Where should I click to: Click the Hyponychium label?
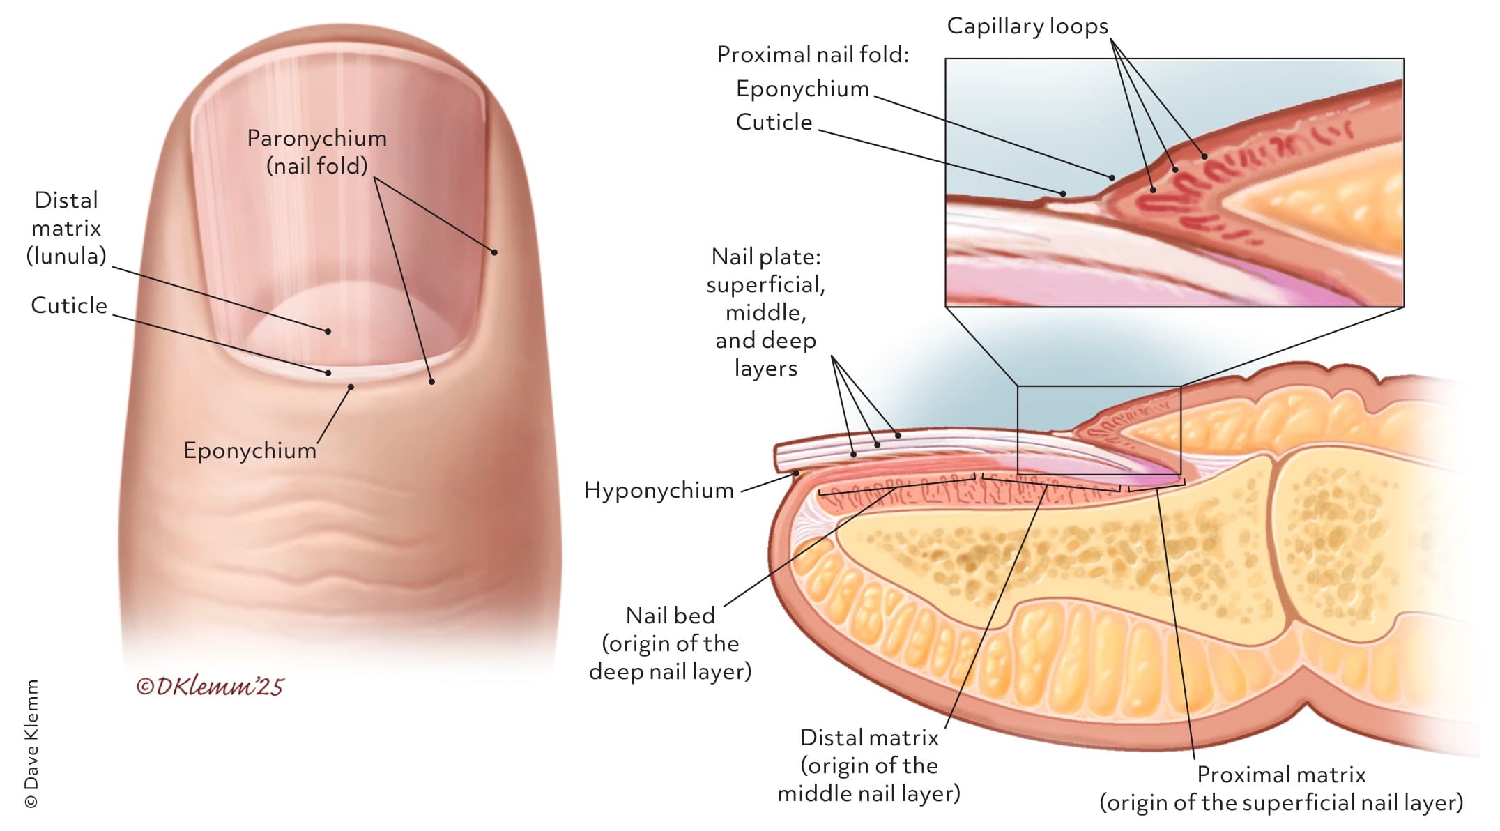[x=659, y=490]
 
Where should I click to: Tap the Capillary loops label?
[x=1027, y=26]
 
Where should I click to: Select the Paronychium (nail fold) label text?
[x=317, y=151]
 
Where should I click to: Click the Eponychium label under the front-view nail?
[x=250, y=450]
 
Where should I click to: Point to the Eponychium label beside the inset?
[x=802, y=89]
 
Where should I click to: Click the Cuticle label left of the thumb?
[x=69, y=305]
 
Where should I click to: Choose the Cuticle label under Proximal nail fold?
[x=774, y=122]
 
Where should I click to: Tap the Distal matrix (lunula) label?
[x=66, y=228]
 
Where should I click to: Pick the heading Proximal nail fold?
[x=813, y=54]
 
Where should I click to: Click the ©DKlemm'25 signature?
[x=210, y=687]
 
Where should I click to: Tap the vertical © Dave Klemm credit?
[x=31, y=744]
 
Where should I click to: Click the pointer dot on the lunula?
[x=328, y=331]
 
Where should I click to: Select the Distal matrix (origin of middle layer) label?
[x=868, y=765]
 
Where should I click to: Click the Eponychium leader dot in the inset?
[x=1112, y=178]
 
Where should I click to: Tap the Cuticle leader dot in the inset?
[x=1064, y=193]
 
